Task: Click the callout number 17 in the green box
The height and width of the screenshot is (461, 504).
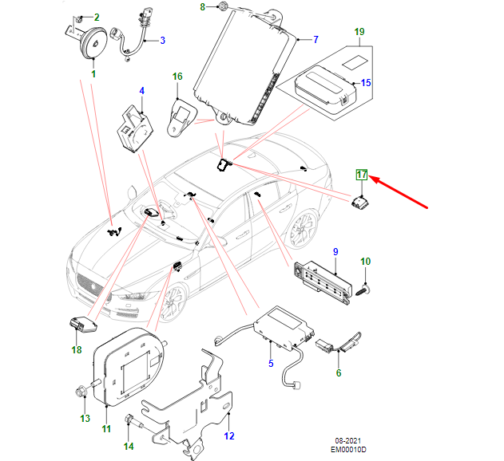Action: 362,175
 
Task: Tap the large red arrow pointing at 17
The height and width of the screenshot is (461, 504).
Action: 403,192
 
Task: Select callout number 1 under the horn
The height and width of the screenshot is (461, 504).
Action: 93,74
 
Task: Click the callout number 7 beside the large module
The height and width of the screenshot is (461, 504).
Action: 315,39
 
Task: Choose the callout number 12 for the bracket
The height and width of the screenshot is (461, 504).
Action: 229,435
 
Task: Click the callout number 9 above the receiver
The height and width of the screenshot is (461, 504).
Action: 335,252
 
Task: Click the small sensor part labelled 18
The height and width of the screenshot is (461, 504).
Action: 81,325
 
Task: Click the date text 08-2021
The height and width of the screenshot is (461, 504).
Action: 349,441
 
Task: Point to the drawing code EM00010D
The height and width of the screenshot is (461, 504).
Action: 349,451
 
